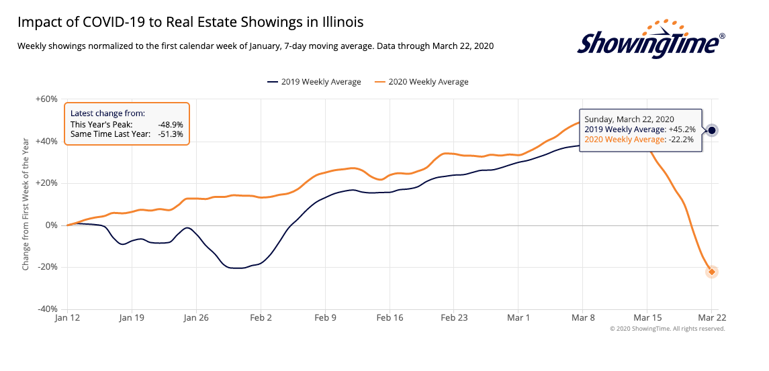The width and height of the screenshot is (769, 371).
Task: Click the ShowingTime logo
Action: tap(651, 42)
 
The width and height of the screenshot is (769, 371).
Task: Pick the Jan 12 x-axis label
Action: tap(67, 318)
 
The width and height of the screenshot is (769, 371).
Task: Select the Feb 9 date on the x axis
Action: tap(325, 318)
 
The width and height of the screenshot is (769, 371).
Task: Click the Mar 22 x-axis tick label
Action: tap(712, 318)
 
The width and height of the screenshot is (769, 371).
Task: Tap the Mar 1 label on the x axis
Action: tap(518, 318)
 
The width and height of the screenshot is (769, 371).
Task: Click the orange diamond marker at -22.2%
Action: tap(712, 272)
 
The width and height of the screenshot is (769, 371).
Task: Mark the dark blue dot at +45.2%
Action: tap(712, 130)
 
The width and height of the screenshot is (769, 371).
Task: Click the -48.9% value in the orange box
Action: tap(170, 125)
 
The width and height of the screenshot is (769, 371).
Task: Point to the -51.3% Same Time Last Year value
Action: tap(170, 134)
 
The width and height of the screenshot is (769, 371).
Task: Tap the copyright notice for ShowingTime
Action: tap(667, 329)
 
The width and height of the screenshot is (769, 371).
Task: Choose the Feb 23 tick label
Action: tap(454, 318)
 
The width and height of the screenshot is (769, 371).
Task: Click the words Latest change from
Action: tap(107, 114)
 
